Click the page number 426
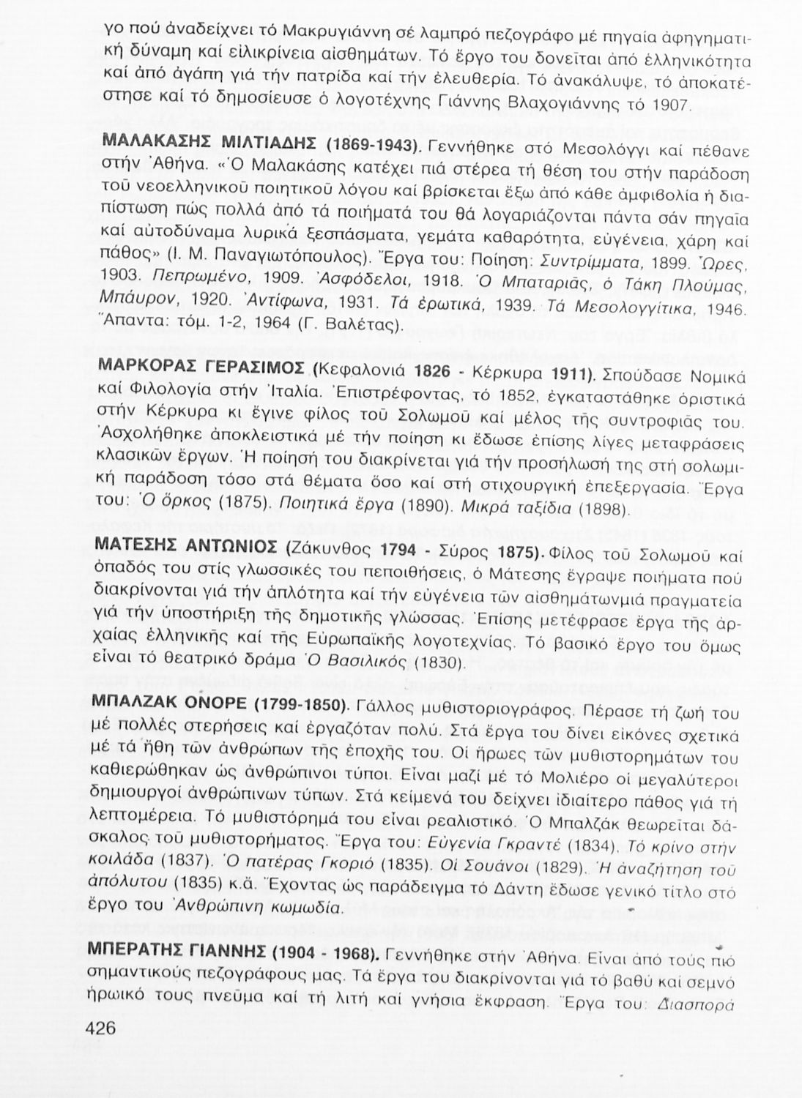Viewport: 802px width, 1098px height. click(101, 1028)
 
